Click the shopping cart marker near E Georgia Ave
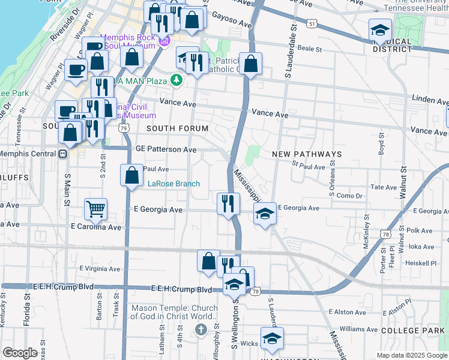tap(96, 209)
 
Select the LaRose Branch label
tap(173, 184)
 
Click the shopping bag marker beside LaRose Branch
tap(131, 175)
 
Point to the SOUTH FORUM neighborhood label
tap(178, 128)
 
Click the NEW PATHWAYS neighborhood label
tap(307, 154)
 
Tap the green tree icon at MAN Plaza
tap(176, 80)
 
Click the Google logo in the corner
tap(20, 353)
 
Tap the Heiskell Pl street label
tap(421, 263)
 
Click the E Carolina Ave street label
tap(96, 227)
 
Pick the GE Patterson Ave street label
tap(166, 149)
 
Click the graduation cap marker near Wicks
tap(272, 338)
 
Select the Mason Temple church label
tap(175, 312)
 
